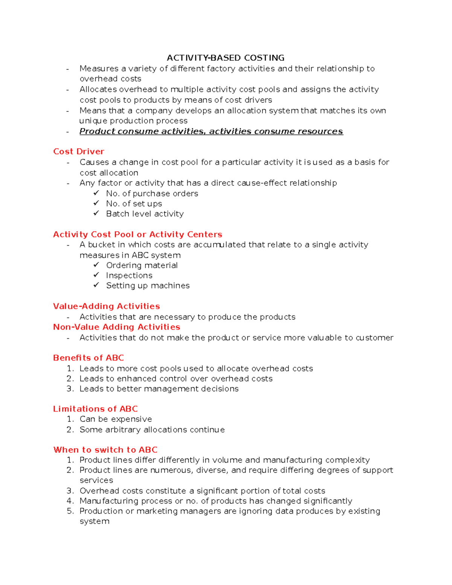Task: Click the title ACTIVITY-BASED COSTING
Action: coord(225,58)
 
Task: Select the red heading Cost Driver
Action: coord(78,151)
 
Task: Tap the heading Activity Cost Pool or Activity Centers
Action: coord(137,234)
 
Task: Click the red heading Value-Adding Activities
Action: coord(106,306)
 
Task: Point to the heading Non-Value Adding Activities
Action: coord(116,327)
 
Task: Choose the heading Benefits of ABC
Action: coord(88,358)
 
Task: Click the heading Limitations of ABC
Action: coord(95,409)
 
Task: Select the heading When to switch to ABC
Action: coord(105,450)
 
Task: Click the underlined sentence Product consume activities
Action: coord(211,131)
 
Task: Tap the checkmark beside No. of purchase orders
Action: coord(96,193)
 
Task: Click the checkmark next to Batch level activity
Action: coord(96,213)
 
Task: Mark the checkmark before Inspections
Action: coord(96,275)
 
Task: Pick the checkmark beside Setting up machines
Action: coord(96,285)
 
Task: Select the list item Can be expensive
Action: coord(116,419)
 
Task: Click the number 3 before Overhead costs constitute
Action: coord(70,491)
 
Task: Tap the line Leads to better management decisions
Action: coord(159,389)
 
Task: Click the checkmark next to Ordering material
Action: coord(96,265)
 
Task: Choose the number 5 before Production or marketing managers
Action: coord(70,511)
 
